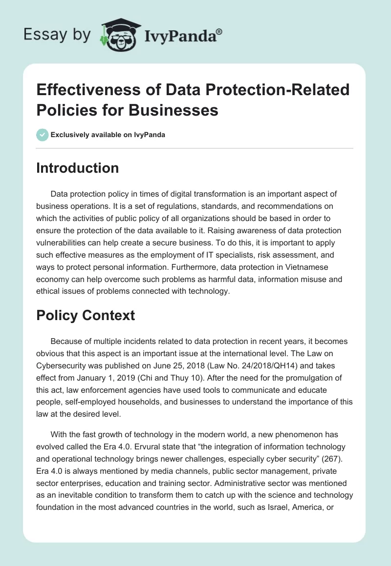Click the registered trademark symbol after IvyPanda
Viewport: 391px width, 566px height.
click(219, 31)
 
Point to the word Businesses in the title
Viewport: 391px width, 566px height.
click(174, 110)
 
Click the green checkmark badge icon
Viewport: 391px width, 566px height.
click(42, 135)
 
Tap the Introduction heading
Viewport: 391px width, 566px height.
click(78, 168)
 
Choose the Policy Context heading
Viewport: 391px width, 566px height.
click(86, 315)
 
